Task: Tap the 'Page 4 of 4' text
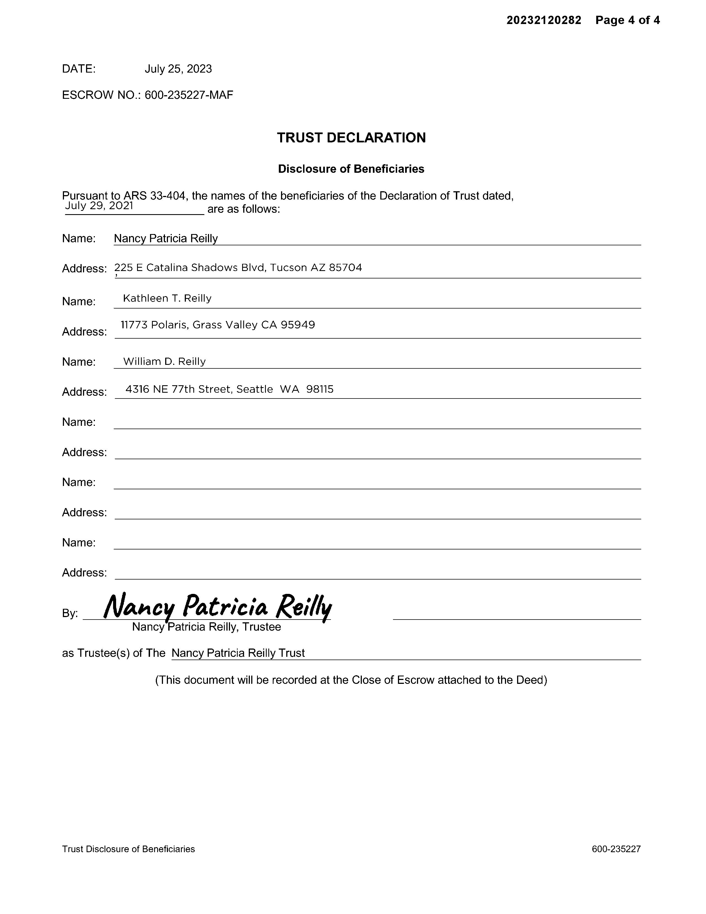tap(627, 20)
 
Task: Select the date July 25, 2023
tap(178, 69)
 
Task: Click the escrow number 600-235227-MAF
tap(189, 95)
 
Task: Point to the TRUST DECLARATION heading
tap(351, 138)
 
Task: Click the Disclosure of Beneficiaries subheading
tap(351, 169)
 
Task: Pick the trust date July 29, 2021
tap(99, 206)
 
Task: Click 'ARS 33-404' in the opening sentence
tap(154, 195)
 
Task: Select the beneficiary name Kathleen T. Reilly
tap(167, 298)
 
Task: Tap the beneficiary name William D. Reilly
tap(164, 361)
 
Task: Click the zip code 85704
tap(346, 267)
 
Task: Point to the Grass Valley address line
tap(218, 325)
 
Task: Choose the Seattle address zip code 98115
tap(320, 389)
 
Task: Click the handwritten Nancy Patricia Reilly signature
tap(218, 607)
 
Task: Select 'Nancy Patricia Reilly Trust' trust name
tap(238, 653)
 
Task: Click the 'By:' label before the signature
tap(70, 613)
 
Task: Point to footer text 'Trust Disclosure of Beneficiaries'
tap(129, 849)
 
